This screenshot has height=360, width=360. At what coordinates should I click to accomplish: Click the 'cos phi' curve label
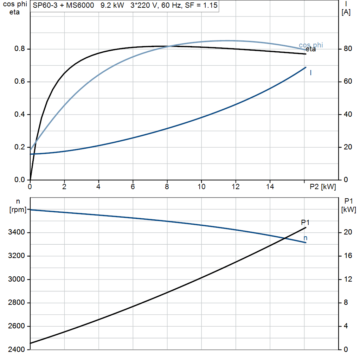click(311, 45)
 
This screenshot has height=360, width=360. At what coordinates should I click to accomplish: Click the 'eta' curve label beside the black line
click(311, 50)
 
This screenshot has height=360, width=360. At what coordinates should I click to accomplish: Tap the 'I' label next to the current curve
click(311, 73)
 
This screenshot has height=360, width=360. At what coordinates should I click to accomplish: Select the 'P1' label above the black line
click(305, 223)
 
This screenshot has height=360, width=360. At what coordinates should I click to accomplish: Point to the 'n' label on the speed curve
click(306, 238)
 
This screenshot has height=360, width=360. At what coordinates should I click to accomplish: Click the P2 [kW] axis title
click(323, 187)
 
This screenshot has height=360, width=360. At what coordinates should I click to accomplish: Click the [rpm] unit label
click(18, 210)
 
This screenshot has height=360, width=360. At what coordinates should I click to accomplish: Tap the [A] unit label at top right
click(346, 12)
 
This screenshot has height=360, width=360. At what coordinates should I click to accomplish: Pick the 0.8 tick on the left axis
click(19, 49)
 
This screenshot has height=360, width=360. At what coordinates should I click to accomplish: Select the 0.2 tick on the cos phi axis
click(19, 147)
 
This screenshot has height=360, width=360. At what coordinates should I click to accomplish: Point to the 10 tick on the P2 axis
click(201, 187)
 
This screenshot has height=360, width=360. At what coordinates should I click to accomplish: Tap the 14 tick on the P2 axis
click(270, 187)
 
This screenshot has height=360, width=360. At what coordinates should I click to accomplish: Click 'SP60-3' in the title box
click(43, 6)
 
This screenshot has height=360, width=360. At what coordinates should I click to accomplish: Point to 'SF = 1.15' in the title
click(201, 6)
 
